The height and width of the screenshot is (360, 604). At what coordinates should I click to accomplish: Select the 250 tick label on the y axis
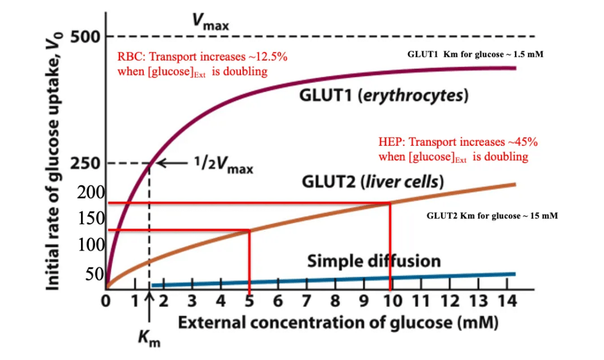tap(86, 164)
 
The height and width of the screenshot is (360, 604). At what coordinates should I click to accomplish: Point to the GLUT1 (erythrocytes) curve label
tap(384, 96)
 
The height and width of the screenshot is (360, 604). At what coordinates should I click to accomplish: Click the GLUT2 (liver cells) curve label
tap(373, 182)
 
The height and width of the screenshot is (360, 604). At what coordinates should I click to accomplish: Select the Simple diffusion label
tap(374, 261)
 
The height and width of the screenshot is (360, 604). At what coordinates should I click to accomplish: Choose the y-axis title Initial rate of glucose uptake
tap(54, 158)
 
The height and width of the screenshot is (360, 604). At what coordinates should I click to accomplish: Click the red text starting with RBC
tap(202, 64)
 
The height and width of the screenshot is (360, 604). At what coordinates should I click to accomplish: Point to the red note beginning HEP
tap(458, 149)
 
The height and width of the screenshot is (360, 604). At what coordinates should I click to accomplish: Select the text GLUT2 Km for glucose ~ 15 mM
tap(492, 216)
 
